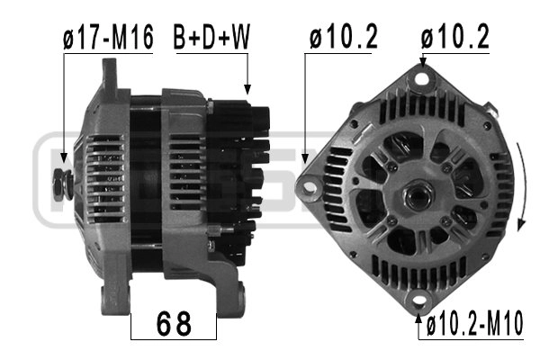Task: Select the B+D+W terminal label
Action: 213,37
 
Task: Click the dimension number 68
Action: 174,322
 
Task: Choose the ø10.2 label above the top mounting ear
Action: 454,37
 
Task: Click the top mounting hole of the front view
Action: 419,79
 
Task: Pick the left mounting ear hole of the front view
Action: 310,187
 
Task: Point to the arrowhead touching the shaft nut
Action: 64,166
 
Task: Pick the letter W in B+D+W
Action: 238,37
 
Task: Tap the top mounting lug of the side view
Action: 111,72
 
